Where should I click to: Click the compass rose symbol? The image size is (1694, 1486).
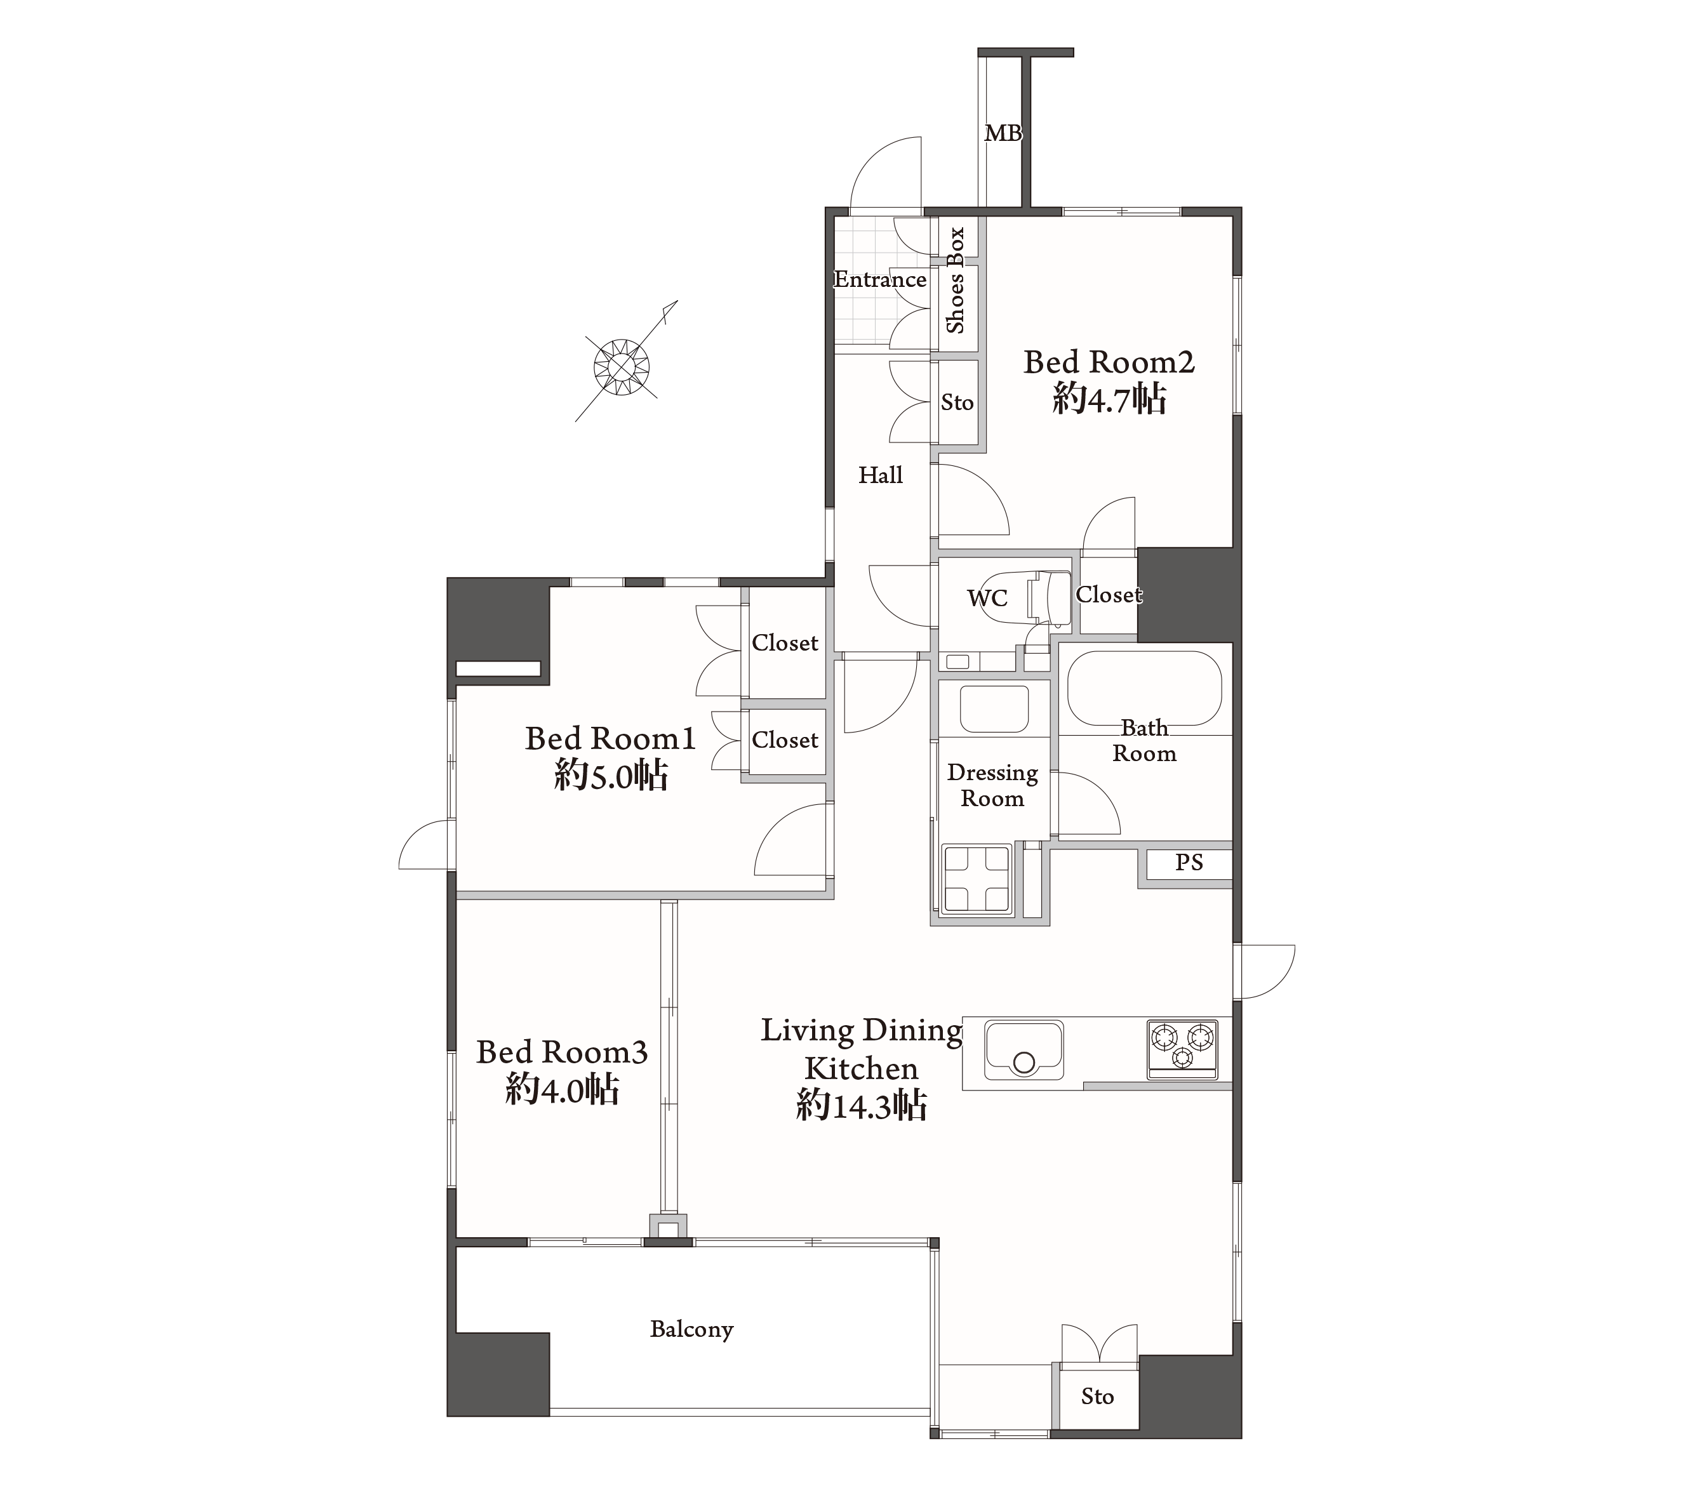tap(622, 366)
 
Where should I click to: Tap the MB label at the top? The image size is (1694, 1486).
tap(1003, 133)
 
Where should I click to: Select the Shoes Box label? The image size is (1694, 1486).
tap(956, 280)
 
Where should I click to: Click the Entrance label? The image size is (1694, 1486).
tap(880, 279)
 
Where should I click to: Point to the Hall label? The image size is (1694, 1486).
tap(880, 475)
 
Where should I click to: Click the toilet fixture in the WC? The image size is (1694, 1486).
tap(1049, 597)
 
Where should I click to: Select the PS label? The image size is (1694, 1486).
tap(1189, 862)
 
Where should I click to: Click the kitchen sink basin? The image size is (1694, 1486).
tap(1024, 1050)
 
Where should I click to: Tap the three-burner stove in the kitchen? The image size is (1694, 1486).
tap(1183, 1049)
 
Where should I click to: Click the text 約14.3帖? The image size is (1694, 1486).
tap(861, 1106)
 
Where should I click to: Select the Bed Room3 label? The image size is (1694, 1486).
tap(562, 1052)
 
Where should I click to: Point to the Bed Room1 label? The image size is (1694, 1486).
tap(610, 738)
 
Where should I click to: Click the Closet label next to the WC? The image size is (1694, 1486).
tap(1109, 594)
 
